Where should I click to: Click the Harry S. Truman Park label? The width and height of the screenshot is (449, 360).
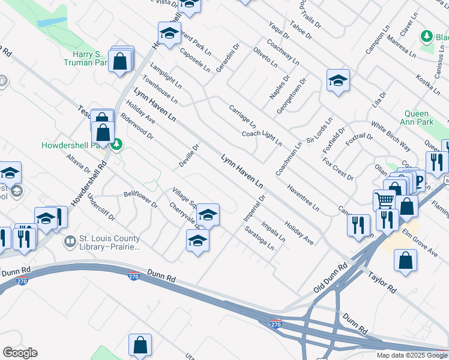tap(85, 58)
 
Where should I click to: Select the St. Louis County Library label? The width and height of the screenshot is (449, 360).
tap(109, 242)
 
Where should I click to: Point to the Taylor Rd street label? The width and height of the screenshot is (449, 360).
tap(382, 283)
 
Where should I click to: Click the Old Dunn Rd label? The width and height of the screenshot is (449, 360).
tap(331, 279)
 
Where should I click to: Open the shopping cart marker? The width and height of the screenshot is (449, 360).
tap(384, 200)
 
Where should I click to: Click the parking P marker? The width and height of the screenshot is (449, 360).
tap(419, 181)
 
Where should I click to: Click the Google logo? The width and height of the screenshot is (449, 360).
tap(20, 353)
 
